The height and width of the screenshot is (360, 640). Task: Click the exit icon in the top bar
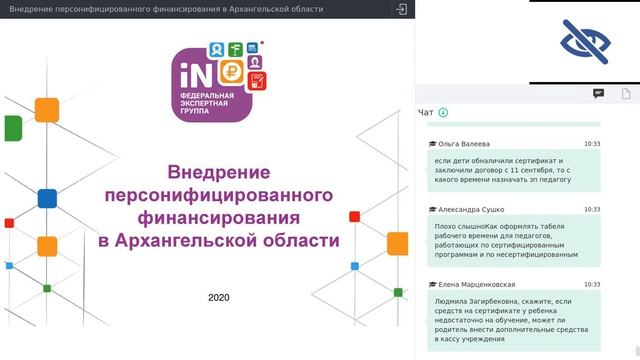coord(401,9)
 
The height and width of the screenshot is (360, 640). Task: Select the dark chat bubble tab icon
coord(598,93)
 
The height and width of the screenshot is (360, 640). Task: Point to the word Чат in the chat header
coord(425,112)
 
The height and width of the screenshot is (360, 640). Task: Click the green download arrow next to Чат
coord(443,112)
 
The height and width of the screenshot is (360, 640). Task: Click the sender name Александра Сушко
coord(470,210)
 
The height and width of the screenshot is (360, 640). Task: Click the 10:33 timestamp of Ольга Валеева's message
coord(592,144)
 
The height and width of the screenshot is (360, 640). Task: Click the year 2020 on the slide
coord(219,298)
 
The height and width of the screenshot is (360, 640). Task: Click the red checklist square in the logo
coord(255,79)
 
